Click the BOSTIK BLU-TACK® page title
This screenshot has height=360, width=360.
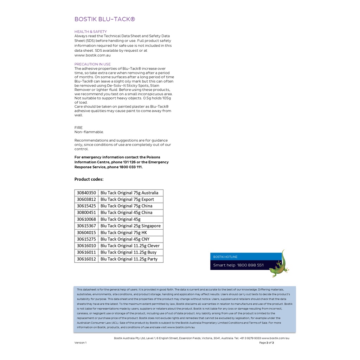pos(104,19)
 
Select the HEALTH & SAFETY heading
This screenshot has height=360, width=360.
pos(90,32)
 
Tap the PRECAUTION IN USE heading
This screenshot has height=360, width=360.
pos(92,64)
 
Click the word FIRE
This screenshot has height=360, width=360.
pos(78,128)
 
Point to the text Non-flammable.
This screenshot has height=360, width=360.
pos(89,132)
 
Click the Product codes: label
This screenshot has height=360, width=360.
pos(89,179)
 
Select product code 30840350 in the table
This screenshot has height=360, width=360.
pos(86,193)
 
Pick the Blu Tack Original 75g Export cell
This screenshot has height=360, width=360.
pos(127,199)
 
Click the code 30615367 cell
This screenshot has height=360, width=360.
pos(86,226)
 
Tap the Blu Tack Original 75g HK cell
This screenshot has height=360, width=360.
pos(124,232)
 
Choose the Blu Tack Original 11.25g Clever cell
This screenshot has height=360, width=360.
pos(130,246)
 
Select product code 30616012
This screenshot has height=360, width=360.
pos(86,259)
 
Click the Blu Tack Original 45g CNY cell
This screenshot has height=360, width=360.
pos(125,239)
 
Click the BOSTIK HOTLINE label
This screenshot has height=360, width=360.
pos(225,257)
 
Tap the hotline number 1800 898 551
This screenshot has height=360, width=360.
pos(250,265)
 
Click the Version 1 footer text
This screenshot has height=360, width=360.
pos(80,343)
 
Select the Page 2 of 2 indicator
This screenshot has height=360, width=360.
pos(266,343)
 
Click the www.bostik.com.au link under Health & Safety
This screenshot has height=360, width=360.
pos(92,55)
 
